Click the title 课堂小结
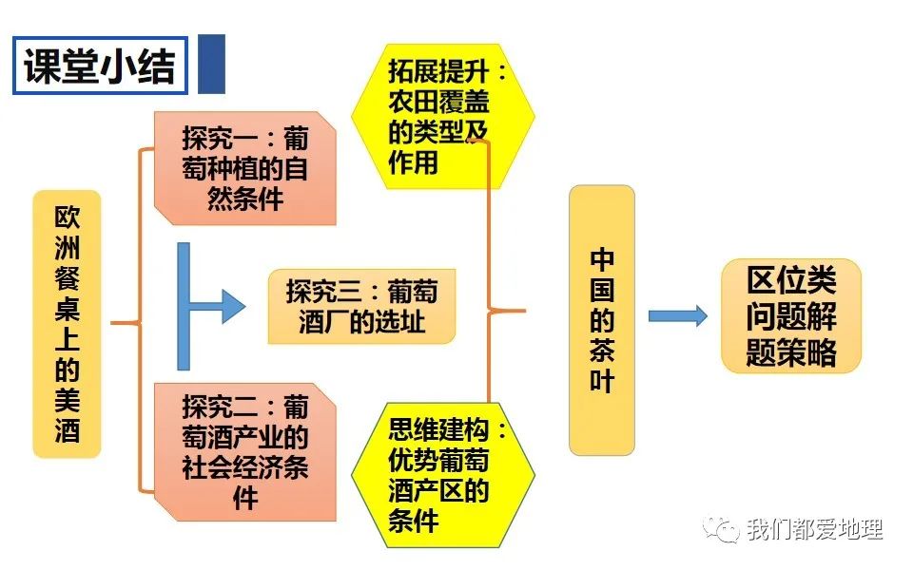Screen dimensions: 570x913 pos(100,66)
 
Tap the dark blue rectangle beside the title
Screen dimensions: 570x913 pos(211,65)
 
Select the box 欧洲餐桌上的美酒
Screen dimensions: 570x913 pos(67,324)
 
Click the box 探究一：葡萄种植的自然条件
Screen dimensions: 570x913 pos(245,168)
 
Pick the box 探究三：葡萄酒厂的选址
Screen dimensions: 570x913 pos(361,305)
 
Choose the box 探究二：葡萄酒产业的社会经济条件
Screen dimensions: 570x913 pos(245,451)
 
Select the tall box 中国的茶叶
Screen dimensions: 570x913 pos(601,320)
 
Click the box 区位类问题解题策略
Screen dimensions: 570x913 pos(790,316)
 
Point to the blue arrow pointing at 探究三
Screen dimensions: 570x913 pos(211,306)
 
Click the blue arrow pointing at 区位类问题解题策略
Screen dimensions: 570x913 pos(677,316)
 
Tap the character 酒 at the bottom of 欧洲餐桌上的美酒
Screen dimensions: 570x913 pos(67,431)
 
